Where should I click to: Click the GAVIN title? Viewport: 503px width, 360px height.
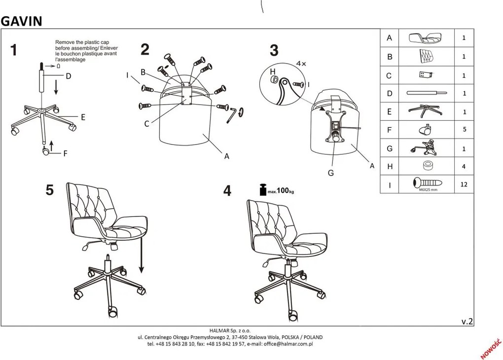point(22,21)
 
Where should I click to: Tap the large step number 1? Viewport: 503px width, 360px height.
point(13,50)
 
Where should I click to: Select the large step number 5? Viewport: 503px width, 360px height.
point(49,190)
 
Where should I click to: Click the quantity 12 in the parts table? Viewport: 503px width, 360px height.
point(464,184)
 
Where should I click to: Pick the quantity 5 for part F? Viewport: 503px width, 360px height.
point(464,130)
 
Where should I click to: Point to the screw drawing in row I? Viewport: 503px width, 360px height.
point(428,183)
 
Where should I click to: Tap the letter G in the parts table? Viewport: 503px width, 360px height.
point(390,148)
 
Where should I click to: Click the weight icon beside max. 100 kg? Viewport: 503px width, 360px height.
point(263,190)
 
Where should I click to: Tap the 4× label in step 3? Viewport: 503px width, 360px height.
point(301,64)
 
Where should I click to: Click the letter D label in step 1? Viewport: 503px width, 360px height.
point(69,76)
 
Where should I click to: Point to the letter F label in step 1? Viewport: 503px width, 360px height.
point(66,154)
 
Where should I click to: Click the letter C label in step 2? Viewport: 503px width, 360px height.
point(146,124)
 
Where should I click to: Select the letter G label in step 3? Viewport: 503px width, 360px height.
point(331,173)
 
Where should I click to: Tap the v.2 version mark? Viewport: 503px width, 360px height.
point(467,322)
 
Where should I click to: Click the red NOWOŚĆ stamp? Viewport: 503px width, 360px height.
point(491,349)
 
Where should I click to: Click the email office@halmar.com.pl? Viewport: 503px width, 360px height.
point(288,344)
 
